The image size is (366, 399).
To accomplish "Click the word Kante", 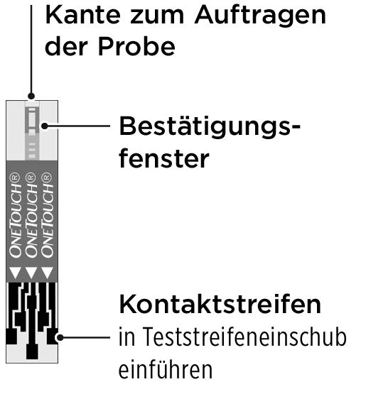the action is click(82, 15).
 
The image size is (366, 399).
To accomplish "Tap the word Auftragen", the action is click(260, 16).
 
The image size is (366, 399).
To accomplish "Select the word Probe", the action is click(136, 46).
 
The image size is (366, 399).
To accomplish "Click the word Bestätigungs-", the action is click(210, 127).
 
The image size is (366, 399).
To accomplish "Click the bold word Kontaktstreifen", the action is click(220, 305).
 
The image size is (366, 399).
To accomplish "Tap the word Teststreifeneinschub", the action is click(232, 337).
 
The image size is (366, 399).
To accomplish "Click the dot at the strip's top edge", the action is click(31, 96).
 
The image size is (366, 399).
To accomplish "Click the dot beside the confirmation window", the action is click(45, 126).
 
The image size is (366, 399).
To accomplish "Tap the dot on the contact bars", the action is click(60, 337).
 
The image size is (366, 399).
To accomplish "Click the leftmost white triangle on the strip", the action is click(15, 273).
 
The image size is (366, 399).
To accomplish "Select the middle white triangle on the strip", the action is click(31, 273).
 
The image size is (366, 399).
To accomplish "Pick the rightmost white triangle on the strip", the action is click(47, 273).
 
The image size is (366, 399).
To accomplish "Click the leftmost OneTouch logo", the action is click(15, 215).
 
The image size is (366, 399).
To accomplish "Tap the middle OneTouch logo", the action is click(31, 215).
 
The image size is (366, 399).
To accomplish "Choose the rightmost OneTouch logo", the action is click(47, 215).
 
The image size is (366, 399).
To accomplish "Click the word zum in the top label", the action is click(157, 17).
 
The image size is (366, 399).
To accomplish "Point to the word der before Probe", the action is click(66, 46).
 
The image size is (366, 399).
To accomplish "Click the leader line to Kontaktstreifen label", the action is click(85, 337).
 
